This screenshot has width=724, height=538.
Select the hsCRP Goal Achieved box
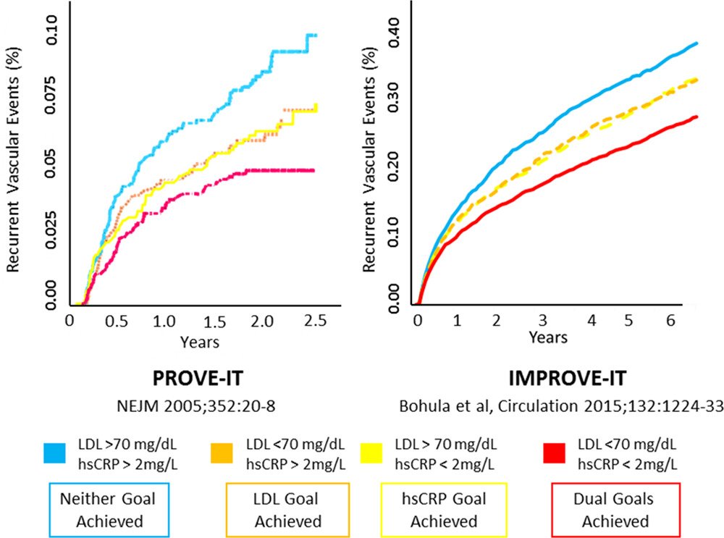(443, 509)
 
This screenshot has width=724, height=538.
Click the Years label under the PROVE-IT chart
(201, 340)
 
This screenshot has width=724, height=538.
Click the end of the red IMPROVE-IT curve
(696, 117)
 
